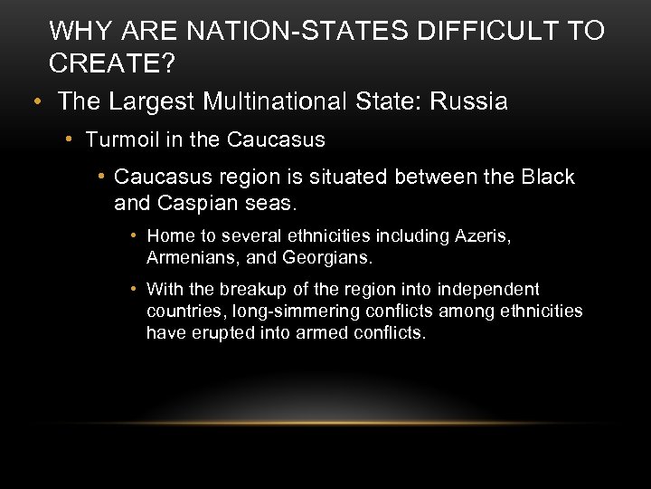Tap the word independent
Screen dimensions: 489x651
(487, 290)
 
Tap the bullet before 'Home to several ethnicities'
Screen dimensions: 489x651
(133, 236)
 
